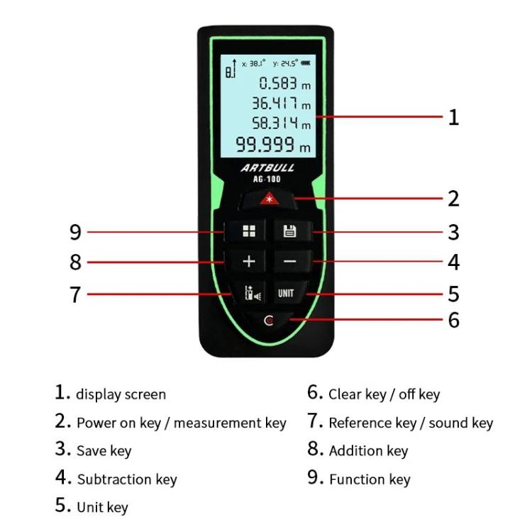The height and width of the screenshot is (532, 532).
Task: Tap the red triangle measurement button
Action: coord(267,199)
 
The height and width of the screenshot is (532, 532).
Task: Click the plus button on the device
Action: coord(248,262)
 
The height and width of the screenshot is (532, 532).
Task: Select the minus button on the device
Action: coord(289,262)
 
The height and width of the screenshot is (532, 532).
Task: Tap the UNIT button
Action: coord(287,293)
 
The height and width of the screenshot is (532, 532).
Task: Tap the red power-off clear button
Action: coord(268,321)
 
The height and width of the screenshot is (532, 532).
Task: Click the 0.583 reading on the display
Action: coord(277,83)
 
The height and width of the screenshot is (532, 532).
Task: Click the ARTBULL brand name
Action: coord(267,168)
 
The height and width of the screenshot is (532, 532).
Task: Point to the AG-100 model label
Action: coord(267,179)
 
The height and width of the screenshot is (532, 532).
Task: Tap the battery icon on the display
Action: coord(306,63)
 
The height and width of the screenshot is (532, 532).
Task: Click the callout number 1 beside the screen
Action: coord(453,117)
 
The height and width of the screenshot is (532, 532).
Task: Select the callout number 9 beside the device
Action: coord(75,232)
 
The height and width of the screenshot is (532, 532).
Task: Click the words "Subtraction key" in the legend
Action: coord(127,480)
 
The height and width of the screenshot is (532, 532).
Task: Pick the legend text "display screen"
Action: coord(121,394)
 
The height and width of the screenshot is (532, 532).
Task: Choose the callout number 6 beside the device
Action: coord(453,320)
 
